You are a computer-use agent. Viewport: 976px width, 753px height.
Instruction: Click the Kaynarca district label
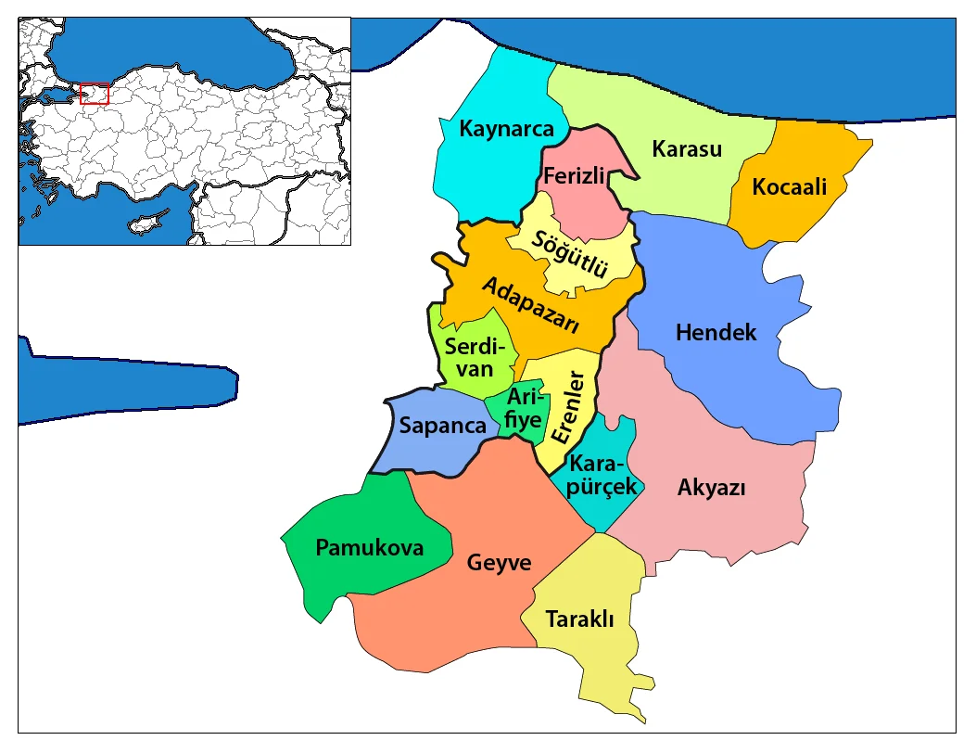coord(506,129)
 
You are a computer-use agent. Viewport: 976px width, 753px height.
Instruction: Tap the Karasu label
coord(686,148)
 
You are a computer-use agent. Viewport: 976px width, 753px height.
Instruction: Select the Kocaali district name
coord(789,187)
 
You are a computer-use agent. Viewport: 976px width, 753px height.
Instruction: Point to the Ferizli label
coord(574,175)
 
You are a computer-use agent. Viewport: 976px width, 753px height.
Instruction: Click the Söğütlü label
coord(570,252)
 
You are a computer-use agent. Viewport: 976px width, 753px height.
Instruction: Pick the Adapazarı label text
coord(531,305)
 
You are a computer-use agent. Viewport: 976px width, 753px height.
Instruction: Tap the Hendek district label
coord(716,332)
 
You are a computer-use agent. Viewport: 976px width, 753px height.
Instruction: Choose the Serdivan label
coord(479,357)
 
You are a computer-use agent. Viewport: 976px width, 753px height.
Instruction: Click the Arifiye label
coord(523,408)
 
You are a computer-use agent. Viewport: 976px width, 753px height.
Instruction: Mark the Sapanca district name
coord(442,426)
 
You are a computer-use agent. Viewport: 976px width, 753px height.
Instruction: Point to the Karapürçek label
coord(602,474)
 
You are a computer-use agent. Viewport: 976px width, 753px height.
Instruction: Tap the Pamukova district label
coord(369,547)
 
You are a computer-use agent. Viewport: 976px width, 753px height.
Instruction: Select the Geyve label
coord(499,563)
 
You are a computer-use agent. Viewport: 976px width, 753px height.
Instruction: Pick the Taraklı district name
coord(579,619)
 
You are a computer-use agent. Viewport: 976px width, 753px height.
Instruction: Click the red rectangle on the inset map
coord(95,94)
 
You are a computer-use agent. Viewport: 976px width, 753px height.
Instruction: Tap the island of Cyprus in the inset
coord(149,221)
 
